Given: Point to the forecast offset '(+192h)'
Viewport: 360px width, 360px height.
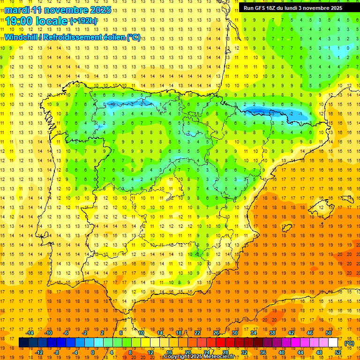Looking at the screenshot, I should pyautogui.click(x=83, y=21).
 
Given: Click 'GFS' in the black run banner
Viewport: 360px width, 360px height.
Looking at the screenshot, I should pyautogui.click(x=261, y=8).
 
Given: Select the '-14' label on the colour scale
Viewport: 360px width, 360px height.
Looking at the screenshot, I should pyautogui.click(x=30, y=333).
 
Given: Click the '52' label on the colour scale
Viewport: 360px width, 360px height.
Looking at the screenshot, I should pyautogui.click(x=338, y=352).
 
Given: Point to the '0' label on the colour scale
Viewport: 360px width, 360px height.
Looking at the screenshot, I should pyautogui.click(x=93, y=352).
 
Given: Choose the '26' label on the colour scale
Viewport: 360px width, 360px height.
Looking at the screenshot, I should pyautogui.click(x=216, y=333).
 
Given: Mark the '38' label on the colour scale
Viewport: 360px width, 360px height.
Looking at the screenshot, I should pyautogui.click(x=272, y=333).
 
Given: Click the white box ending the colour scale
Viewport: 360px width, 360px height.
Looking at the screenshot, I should pyautogui.click(x=333, y=342).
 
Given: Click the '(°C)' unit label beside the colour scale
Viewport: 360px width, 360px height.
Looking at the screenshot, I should pyautogui.click(x=349, y=343).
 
